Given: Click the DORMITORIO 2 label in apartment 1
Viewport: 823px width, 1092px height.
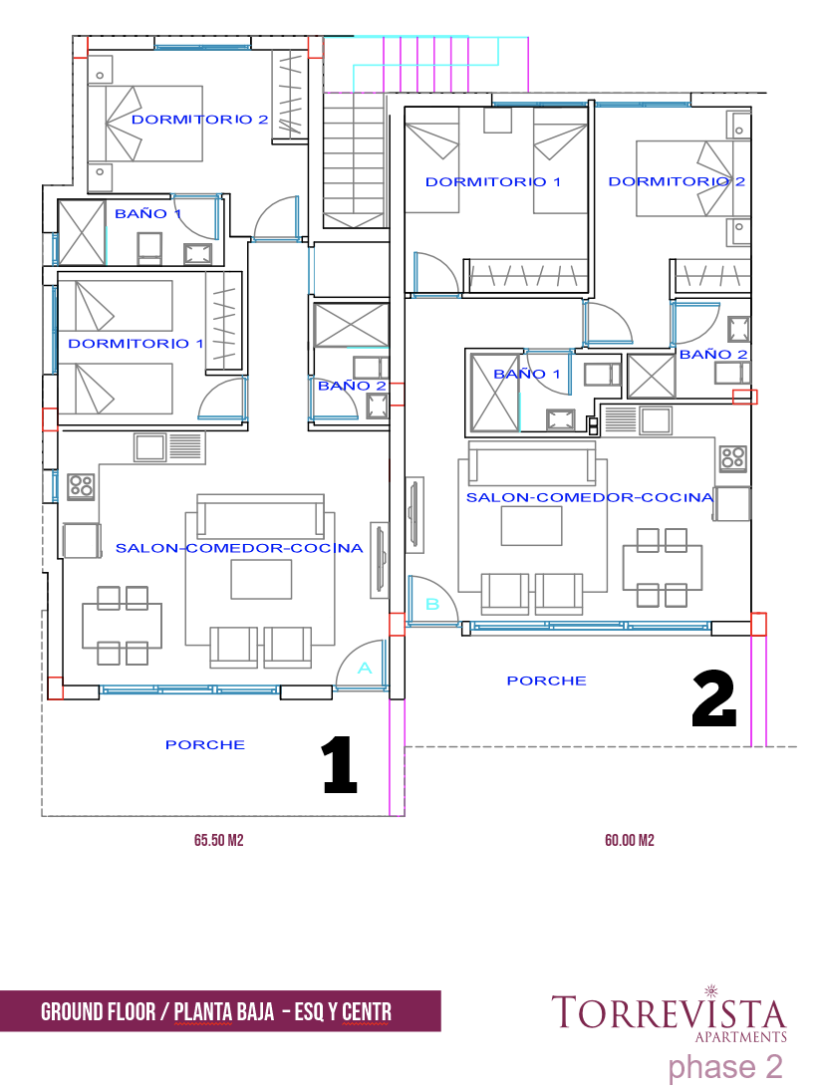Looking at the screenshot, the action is (x=200, y=120).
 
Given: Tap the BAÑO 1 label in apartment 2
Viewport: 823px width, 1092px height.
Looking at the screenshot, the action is (x=526, y=374).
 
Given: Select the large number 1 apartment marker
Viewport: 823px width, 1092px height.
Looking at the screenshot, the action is (x=340, y=765).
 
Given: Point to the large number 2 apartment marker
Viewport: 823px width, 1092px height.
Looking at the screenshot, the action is (x=714, y=699).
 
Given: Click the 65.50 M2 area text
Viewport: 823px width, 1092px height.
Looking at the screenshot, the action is (x=218, y=841).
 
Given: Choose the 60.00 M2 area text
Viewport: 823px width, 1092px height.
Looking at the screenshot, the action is (x=630, y=841).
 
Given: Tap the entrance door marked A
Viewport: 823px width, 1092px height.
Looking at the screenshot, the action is (x=362, y=666).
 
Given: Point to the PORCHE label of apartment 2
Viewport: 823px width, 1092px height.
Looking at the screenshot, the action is (x=547, y=681).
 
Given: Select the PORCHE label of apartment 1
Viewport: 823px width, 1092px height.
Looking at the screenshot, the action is (x=204, y=744).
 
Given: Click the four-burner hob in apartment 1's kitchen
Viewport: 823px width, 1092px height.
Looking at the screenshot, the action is (x=81, y=486).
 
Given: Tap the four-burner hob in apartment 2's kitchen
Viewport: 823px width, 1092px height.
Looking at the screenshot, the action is (x=733, y=457).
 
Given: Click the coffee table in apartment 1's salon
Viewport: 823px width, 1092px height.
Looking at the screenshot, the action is (x=261, y=579).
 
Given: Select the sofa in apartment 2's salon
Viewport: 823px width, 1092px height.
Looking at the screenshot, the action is (x=533, y=463).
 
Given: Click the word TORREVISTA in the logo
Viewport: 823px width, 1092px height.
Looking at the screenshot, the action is (x=669, y=1012).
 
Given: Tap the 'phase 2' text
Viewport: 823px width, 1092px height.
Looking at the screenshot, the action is (x=724, y=1067).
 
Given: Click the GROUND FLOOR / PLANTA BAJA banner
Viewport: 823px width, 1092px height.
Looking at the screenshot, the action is (x=220, y=1011).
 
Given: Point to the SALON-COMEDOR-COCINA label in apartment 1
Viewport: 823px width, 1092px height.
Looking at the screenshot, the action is (x=239, y=548).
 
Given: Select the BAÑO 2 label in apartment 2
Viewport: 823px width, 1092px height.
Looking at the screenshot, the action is (x=713, y=355).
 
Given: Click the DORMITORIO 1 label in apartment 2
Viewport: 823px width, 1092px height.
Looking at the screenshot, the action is (x=493, y=181).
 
